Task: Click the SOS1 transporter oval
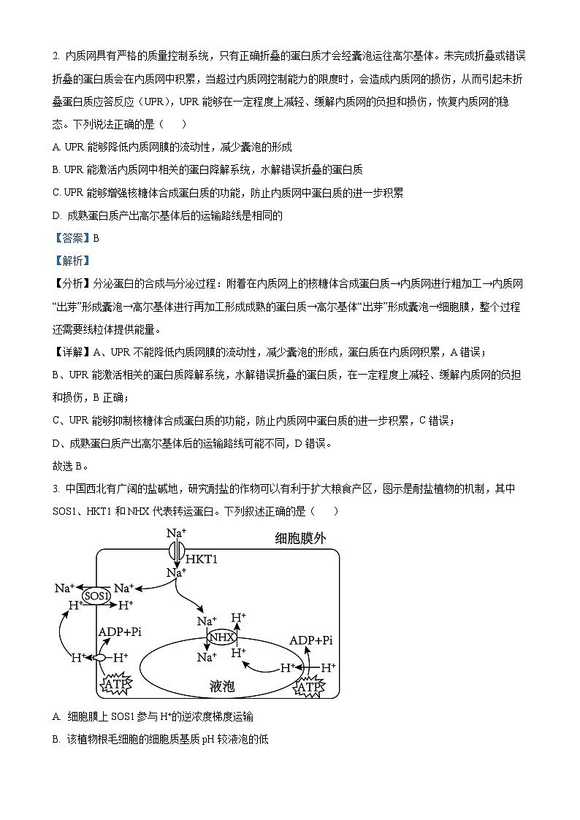point(96,596)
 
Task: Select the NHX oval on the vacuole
point(222,637)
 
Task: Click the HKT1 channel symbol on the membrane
point(175,550)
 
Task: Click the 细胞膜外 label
point(300,538)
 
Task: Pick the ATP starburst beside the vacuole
point(310,686)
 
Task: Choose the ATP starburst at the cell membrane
point(117,684)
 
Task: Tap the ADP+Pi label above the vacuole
point(311,640)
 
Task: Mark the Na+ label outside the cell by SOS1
point(65,588)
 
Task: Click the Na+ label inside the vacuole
point(207,657)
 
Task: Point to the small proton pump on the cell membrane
point(99,658)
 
